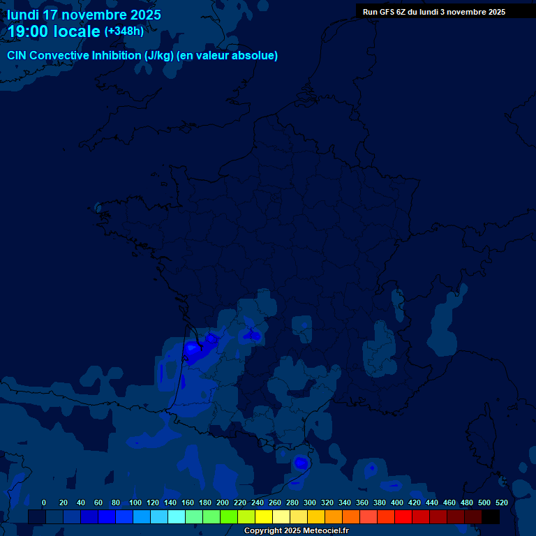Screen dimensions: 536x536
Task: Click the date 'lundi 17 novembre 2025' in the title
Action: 84,15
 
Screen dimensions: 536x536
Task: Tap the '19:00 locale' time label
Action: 53,31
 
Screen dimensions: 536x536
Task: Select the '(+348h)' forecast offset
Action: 124,31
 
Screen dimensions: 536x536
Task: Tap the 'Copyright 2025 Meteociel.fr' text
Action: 296,531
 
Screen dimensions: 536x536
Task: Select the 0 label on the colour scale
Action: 44,502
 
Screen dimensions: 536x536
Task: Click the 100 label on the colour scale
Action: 135,502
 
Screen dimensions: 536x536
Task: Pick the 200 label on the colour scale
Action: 223,502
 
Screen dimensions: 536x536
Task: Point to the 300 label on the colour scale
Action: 310,502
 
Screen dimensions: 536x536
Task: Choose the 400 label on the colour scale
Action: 397,502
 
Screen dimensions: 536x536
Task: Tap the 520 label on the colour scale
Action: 501,502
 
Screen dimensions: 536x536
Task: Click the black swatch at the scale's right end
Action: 491,516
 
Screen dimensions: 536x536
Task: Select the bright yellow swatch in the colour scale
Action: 264,516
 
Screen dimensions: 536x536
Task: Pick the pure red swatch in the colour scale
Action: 403,516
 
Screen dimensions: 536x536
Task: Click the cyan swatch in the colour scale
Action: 177,516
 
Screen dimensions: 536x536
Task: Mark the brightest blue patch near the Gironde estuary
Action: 191,348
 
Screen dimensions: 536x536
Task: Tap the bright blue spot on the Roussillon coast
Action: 301,463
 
